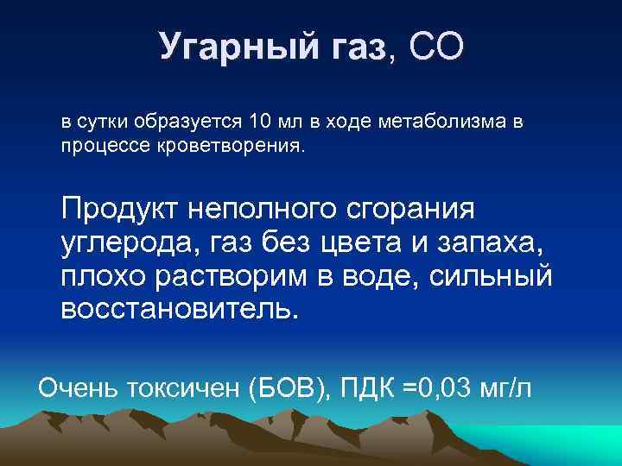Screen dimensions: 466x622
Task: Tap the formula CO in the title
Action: click(x=435, y=47)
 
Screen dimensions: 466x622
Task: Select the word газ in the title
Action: click(x=355, y=48)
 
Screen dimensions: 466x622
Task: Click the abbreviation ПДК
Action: click(x=367, y=388)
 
